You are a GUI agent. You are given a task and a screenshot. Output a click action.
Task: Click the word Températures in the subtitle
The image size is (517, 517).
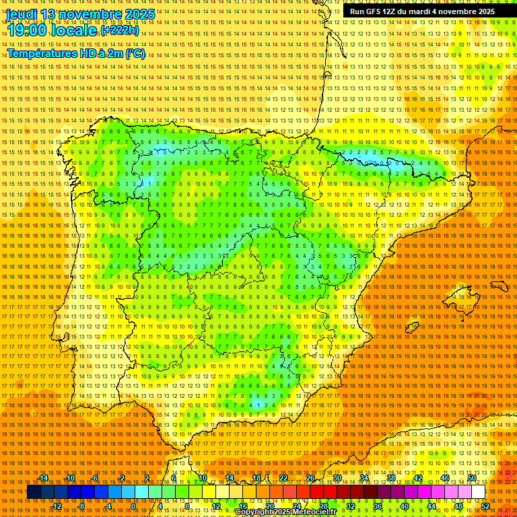(x=40, y=54)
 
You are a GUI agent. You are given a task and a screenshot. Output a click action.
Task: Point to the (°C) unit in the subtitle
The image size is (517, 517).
(x=135, y=54)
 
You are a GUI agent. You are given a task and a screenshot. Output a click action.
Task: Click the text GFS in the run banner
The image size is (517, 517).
(x=378, y=11)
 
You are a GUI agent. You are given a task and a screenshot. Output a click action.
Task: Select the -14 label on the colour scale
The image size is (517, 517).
(x=43, y=478)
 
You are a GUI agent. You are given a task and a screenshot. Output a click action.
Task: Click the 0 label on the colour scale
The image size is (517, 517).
(x=133, y=506)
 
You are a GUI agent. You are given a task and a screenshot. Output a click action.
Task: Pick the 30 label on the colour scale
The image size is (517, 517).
(x=337, y=478)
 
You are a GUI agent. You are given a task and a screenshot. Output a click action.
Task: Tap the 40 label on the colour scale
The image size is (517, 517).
(x=404, y=506)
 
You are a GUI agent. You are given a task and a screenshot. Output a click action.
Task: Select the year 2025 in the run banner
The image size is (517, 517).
(x=483, y=11)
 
